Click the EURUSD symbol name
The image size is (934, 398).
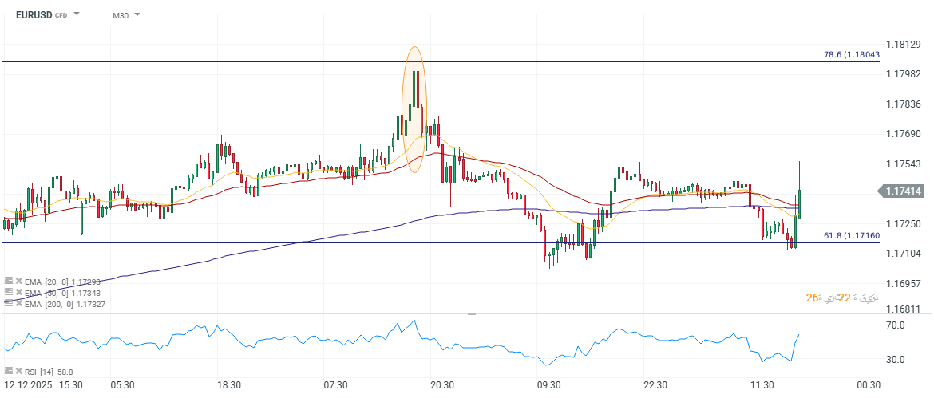33,14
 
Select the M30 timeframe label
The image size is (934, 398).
120,15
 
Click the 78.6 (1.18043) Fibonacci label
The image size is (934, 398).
851,54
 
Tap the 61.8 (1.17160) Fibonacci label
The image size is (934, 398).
851,236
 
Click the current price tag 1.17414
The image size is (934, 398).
904,191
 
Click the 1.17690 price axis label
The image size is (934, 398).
905,134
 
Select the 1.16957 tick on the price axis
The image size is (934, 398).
905,283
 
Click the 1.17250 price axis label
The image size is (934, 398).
905,224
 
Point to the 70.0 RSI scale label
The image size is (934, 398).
894,325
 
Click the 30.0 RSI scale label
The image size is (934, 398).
894,360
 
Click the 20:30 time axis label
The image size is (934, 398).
442,385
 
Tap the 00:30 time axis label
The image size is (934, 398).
869,385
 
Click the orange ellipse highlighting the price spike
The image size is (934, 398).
414,110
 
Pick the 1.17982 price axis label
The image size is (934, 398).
905,73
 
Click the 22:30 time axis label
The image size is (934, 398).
655,385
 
